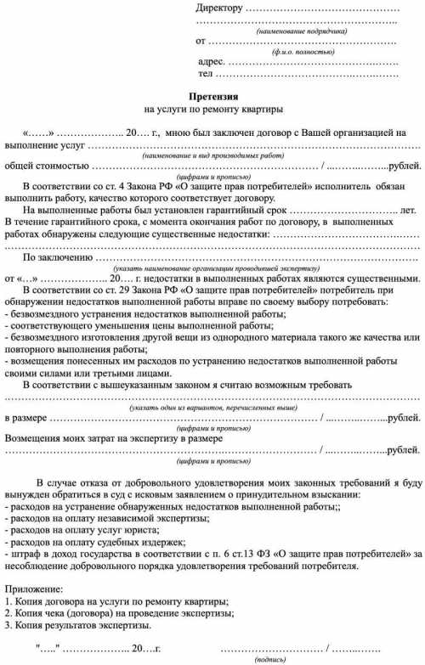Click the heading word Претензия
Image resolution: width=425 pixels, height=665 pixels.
pyautogui.click(x=212, y=97)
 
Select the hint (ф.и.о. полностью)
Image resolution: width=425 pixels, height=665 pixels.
pyautogui.click(x=297, y=52)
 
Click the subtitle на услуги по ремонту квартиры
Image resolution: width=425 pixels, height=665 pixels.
pyautogui.click(x=212, y=110)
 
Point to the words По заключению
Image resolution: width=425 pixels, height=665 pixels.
pyautogui.click(x=57, y=256)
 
